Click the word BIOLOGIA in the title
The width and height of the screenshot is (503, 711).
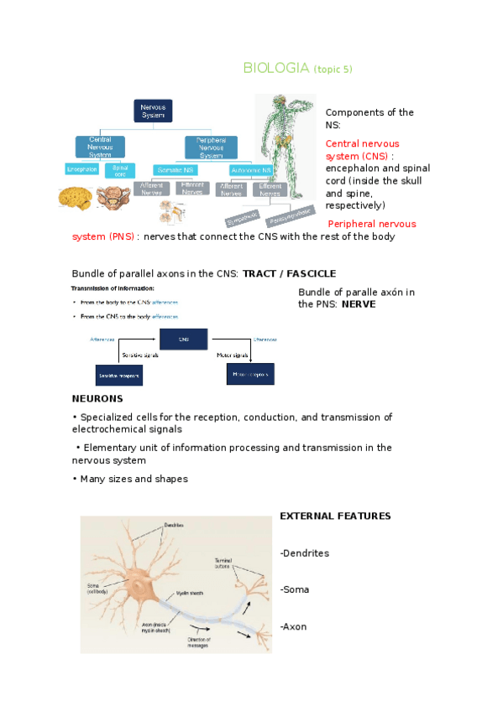pos(275,68)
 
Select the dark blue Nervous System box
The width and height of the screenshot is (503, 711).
pos(153,111)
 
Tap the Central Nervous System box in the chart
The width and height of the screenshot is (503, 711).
pos(100,148)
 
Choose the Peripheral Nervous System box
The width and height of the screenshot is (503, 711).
pos(211,148)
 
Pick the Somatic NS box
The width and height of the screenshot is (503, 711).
pos(174,169)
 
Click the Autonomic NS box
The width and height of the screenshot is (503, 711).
pos(241,169)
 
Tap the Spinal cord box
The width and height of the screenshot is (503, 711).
pos(120,169)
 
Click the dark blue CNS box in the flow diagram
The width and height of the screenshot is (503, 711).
pos(183,340)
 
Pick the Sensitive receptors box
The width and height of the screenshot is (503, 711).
pos(118,375)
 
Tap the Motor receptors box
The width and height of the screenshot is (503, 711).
pos(252,374)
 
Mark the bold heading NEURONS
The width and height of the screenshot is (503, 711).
pos(97,398)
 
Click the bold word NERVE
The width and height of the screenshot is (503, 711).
pos(359,304)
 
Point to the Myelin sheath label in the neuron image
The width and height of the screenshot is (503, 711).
pos(191,593)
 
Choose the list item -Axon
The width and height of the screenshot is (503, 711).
pos(293,625)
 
